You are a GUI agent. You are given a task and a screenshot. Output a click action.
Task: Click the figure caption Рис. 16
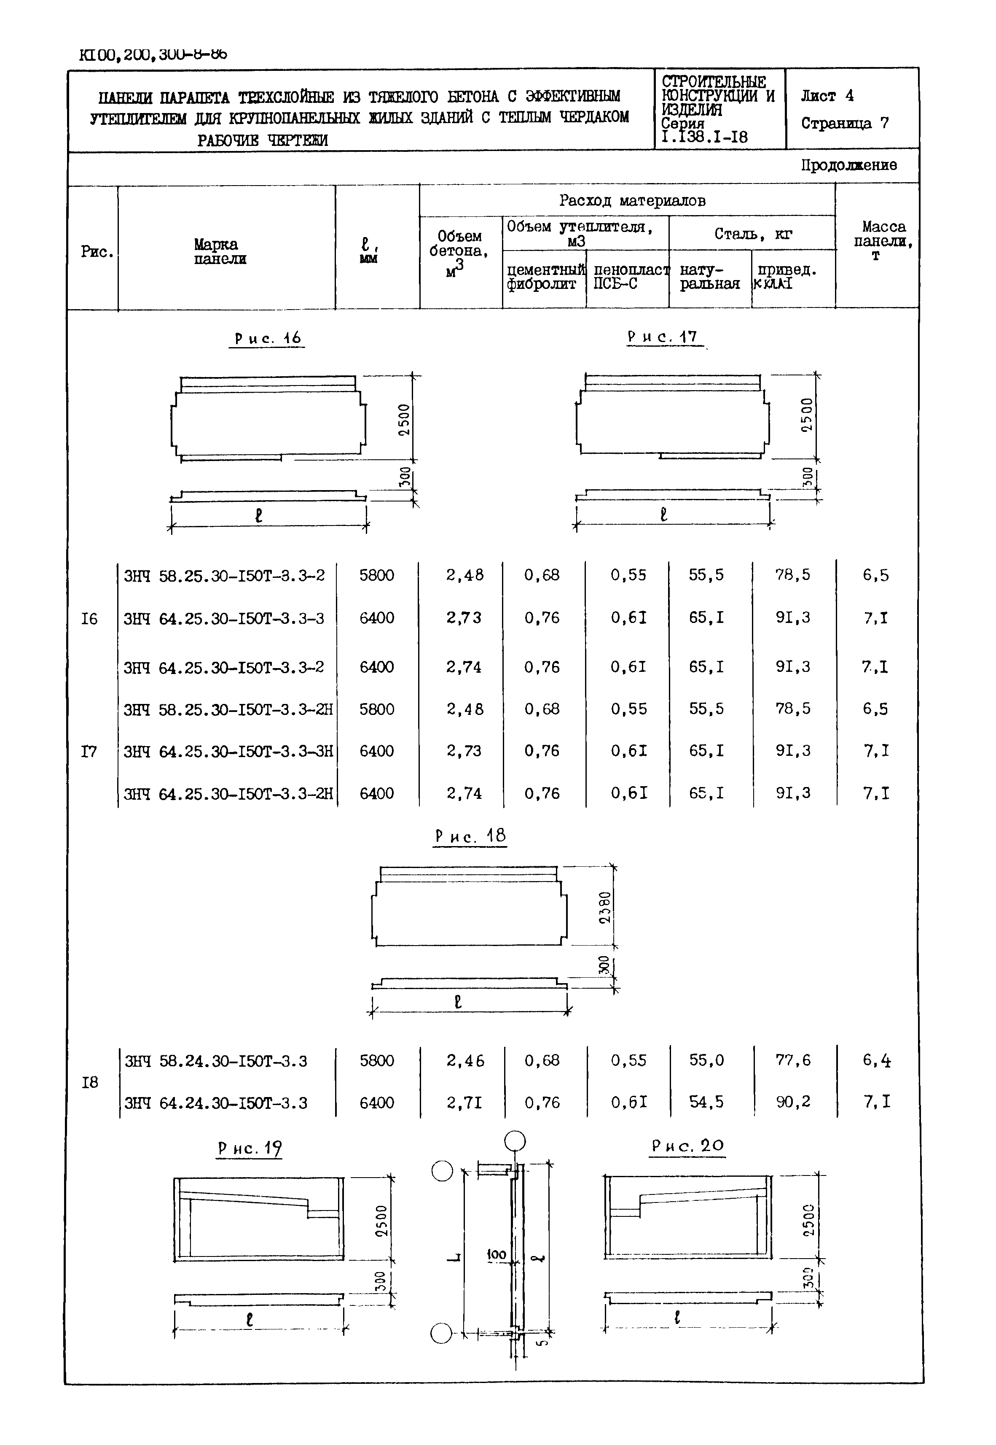click(x=268, y=338)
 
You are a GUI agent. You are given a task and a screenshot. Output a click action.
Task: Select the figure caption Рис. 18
click(x=470, y=836)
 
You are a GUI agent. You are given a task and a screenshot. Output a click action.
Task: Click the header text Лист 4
click(x=827, y=96)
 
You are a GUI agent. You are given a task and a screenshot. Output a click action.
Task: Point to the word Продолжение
click(x=849, y=165)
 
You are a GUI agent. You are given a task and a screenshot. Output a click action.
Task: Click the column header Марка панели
click(x=219, y=252)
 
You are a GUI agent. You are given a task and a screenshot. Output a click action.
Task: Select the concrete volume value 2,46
click(x=464, y=1061)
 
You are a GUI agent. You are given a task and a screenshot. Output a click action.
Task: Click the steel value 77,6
click(x=792, y=1060)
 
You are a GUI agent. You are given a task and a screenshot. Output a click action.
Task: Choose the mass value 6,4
click(x=876, y=1060)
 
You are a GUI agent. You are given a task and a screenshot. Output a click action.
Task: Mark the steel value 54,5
click(x=706, y=1102)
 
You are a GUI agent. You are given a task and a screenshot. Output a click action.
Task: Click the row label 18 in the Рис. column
click(x=90, y=1082)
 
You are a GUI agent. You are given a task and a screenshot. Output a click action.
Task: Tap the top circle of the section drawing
click(x=515, y=1141)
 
